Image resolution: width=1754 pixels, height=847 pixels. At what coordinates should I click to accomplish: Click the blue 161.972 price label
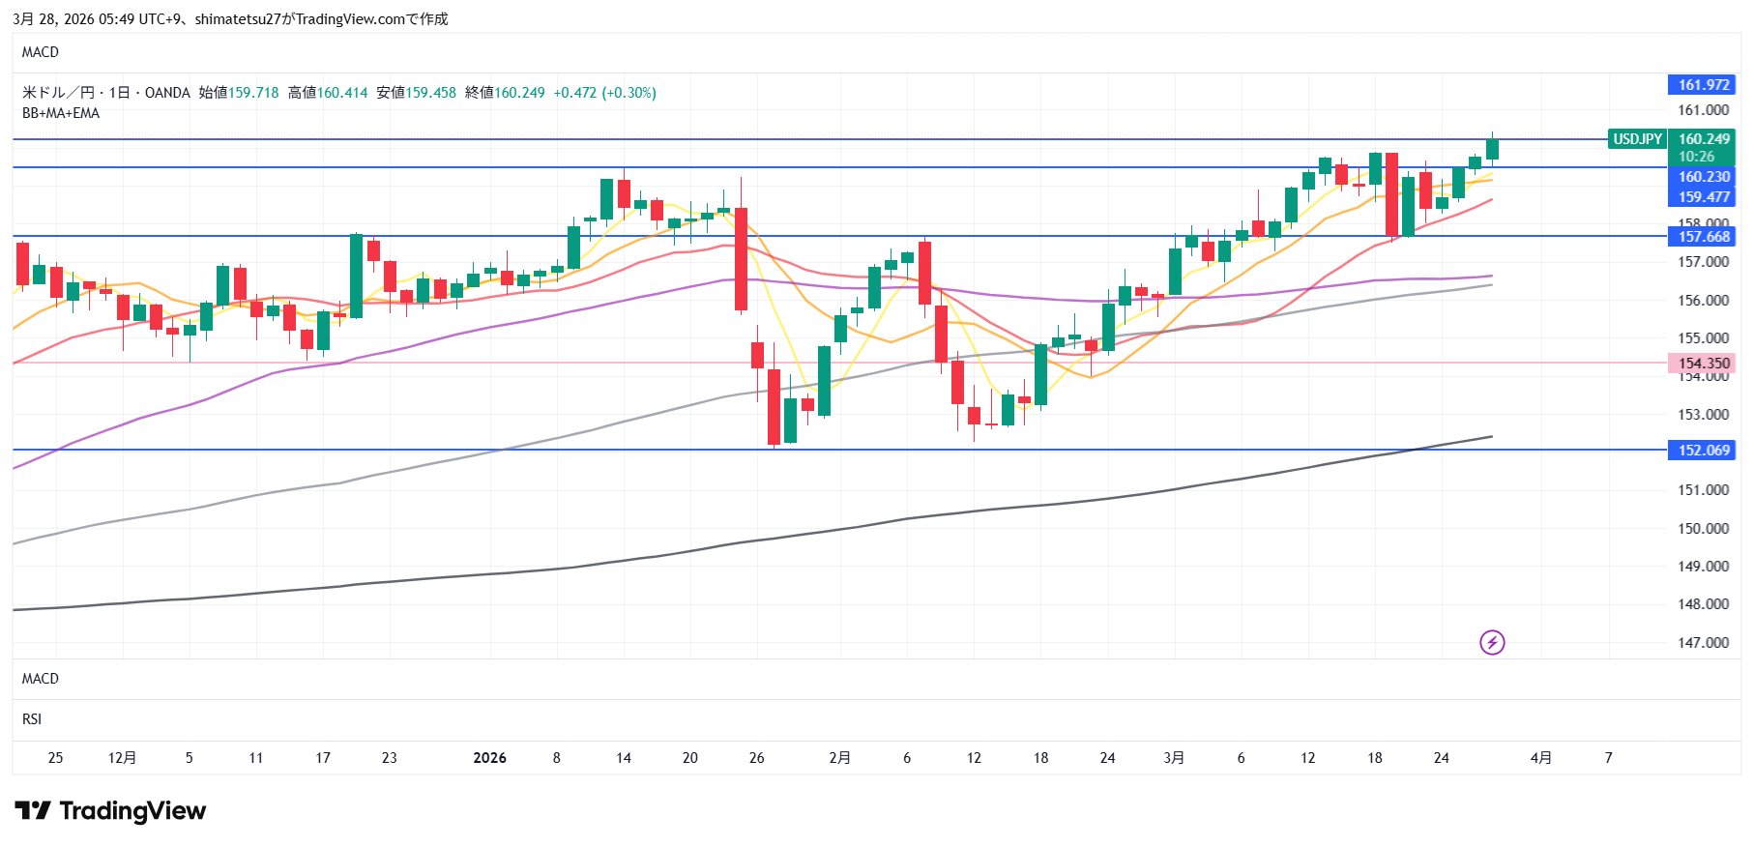(x=1702, y=85)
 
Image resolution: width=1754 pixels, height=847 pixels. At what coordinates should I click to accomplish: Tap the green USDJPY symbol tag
(x=1637, y=139)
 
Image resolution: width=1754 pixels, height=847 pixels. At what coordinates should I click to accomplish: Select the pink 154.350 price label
(x=1702, y=364)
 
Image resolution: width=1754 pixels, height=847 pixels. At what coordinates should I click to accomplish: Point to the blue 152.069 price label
(x=1702, y=451)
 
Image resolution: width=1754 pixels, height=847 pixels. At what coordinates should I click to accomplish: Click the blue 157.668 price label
(x=1702, y=237)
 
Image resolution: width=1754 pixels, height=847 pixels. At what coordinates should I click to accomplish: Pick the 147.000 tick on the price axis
(x=1703, y=643)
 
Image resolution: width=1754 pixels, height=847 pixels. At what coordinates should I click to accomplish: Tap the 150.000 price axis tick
(x=1703, y=529)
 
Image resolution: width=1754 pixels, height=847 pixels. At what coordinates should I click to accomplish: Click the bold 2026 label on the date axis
(x=489, y=758)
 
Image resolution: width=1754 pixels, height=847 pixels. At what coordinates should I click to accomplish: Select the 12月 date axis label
(x=122, y=758)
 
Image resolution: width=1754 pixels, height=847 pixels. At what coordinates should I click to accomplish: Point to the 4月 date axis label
(x=1541, y=758)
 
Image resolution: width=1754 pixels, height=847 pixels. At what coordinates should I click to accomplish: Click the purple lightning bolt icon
(x=1492, y=642)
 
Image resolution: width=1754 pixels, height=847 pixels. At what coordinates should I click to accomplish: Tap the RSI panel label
(x=32, y=719)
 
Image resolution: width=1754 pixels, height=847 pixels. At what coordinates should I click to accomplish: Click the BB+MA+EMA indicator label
(x=61, y=113)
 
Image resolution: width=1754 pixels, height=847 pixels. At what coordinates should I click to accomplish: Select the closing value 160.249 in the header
(x=519, y=93)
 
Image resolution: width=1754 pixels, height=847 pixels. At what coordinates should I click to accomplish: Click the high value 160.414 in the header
(x=342, y=93)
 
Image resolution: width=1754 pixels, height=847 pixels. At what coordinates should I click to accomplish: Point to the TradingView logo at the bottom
(x=110, y=811)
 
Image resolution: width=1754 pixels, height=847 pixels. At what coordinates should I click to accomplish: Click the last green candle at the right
(x=1492, y=149)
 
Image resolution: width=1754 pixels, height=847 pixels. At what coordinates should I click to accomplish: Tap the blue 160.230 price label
(x=1702, y=177)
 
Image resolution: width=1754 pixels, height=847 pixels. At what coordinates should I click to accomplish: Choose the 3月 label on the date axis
(x=1174, y=758)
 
